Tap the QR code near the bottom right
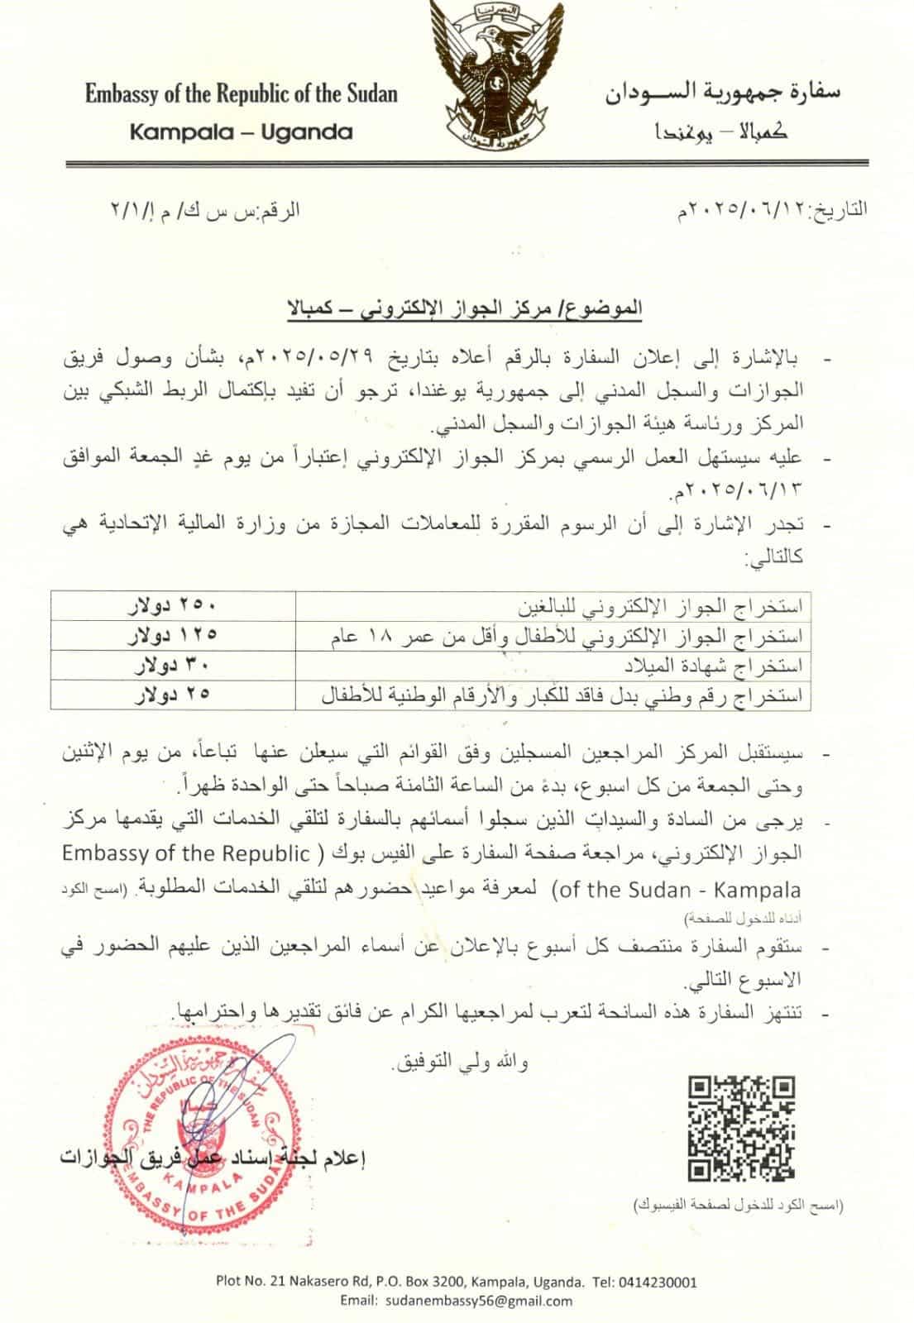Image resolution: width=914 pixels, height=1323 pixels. (x=741, y=1127)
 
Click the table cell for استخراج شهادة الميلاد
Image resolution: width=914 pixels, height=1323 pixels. (x=744, y=665)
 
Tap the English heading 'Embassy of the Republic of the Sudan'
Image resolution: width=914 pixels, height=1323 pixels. (x=241, y=93)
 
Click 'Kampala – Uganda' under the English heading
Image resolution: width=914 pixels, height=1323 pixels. (x=241, y=131)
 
